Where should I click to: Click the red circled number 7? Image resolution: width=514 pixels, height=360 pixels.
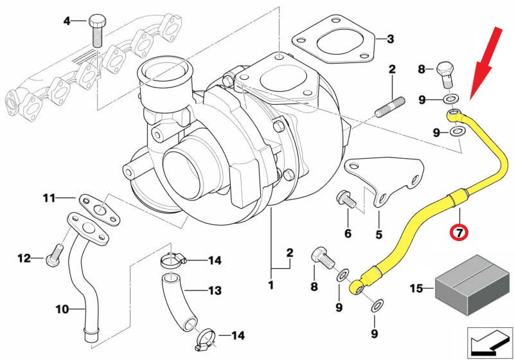point(459,232)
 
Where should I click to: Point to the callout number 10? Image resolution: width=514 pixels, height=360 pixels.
point(62,309)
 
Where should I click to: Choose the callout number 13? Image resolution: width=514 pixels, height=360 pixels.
point(214,291)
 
